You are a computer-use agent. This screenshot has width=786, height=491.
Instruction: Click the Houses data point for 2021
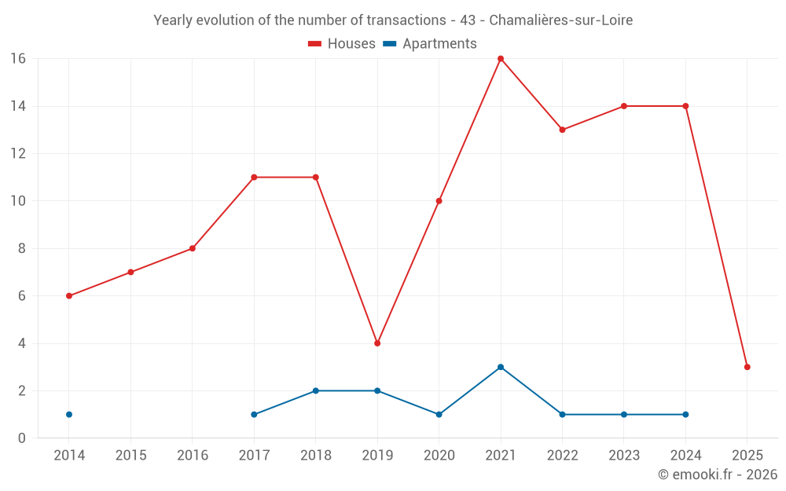coord(501,59)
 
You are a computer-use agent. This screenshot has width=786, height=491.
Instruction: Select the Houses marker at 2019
coord(377,343)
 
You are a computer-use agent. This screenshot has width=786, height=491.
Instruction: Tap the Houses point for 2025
coord(747,367)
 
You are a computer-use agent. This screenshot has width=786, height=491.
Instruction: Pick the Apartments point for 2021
coord(501,367)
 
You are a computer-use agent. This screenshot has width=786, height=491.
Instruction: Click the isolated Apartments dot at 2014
coord(69,414)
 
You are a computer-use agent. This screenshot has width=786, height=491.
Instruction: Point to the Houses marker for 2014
coord(69,296)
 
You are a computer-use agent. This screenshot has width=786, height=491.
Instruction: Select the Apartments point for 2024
coord(685,414)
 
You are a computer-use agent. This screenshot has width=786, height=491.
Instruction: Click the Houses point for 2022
coord(562,130)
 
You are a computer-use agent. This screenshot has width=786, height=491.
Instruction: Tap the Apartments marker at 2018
coord(316,390)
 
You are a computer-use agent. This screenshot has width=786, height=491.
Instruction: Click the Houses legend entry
coord(342,44)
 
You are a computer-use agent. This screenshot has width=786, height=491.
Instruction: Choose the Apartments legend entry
coord(430,44)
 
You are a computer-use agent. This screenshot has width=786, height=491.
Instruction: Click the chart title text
coord(393,20)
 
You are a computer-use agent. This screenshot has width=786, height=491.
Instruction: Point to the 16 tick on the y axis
coord(18,59)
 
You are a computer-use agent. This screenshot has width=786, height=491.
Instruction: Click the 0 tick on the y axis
coord(22,438)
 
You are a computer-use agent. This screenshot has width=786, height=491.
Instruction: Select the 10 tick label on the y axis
coord(18,201)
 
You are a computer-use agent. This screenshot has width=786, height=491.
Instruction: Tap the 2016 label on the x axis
coord(193,456)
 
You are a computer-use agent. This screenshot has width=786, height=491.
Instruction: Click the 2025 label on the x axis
coord(747,456)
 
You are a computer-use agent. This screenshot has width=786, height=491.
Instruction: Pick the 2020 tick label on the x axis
coord(439,456)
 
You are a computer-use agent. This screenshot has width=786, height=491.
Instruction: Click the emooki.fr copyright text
coord(717,475)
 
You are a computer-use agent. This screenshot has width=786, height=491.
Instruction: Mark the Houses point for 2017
coord(254,178)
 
